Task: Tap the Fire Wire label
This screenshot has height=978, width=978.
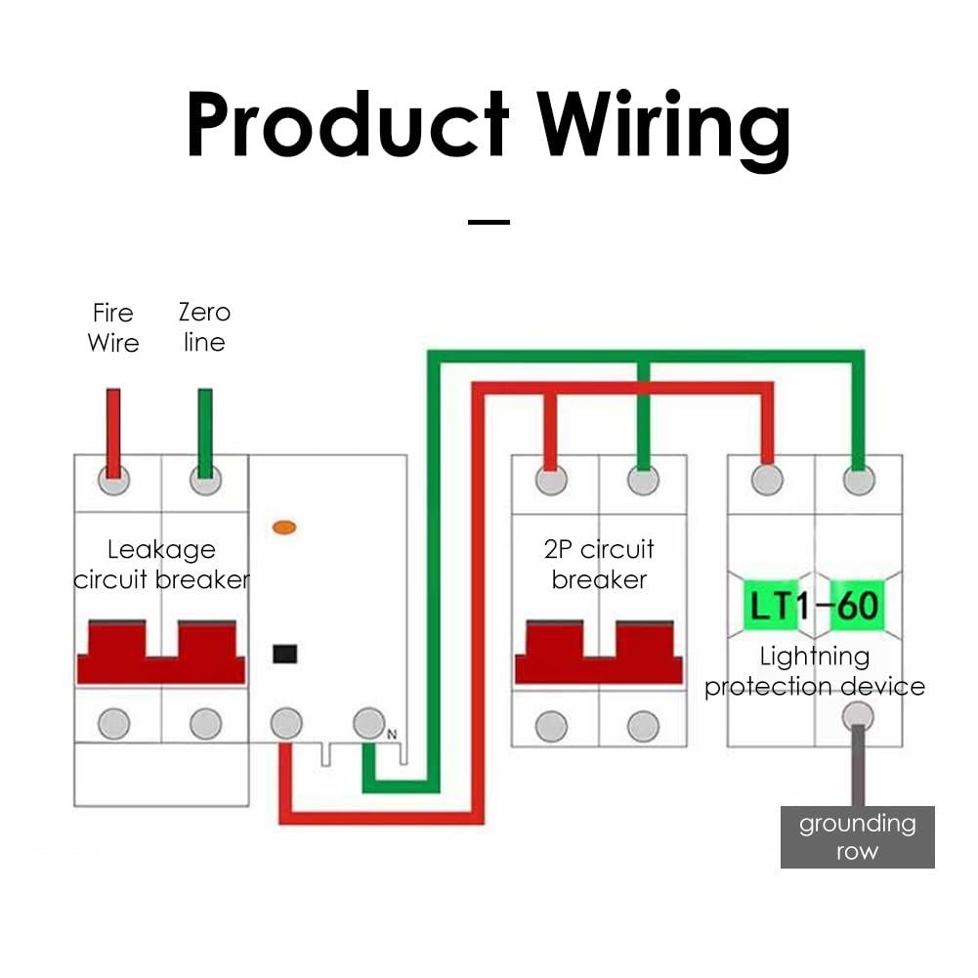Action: coord(113,327)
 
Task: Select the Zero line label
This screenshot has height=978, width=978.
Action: coord(204,327)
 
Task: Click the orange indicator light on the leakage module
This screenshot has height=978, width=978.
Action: coord(284,528)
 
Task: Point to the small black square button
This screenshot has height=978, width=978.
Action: coord(284,654)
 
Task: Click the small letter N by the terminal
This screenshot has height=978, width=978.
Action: coord(392,733)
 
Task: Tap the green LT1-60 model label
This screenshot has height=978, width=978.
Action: coord(814,607)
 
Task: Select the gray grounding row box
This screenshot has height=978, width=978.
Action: coord(857,836)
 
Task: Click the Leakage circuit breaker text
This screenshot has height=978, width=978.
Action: coord(161,565)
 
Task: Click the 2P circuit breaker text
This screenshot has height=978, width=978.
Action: coord(599,565)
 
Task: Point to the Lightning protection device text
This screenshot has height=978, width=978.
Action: coord(814,671)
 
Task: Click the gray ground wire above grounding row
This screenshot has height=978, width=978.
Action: coord(857,772)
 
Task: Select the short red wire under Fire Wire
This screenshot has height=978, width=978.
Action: coord(113,430)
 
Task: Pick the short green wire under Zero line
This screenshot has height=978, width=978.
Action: coord(204,430)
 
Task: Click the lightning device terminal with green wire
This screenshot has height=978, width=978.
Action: coord(858,480)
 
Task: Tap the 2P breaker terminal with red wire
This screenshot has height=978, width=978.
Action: coord(551,480)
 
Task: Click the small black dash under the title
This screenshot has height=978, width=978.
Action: coord(489,222)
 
